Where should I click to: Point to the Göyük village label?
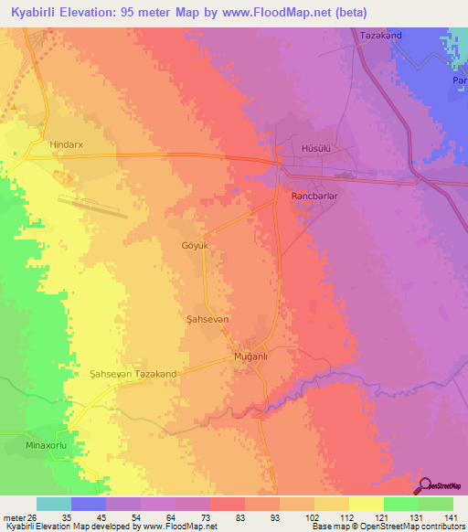click(x=196, y=246)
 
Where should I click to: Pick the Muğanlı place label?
click(x=250, y=356)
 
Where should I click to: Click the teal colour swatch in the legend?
click(x=53, y=504)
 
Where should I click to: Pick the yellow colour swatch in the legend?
click(x=366, y=504)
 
